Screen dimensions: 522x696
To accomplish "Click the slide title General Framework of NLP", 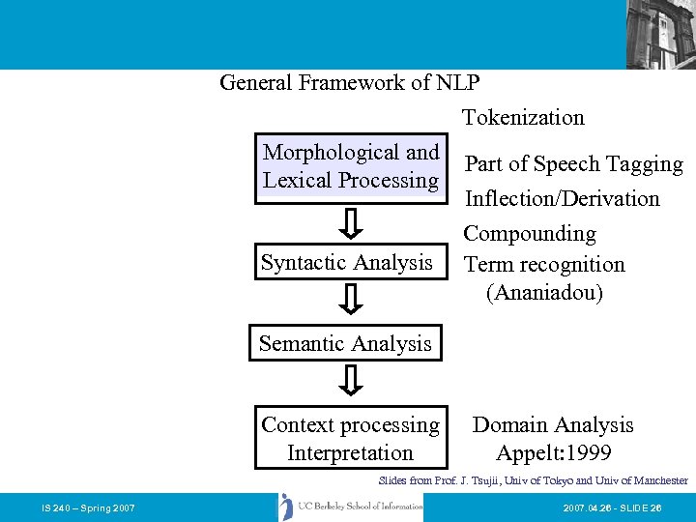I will (x=349, y=83).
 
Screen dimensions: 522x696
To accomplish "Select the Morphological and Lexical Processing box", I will (x=351, y=166).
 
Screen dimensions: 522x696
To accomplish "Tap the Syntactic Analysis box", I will (x=346, y=263).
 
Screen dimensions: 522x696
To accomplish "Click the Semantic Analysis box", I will (x=345, y=344).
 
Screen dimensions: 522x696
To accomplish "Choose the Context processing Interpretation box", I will (x=350, y=439).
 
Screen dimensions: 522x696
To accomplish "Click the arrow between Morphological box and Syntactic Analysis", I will (x=353, y=225).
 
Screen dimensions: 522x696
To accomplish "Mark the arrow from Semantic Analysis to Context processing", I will (x=353, y=381).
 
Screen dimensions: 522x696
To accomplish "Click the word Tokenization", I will (x=523, y=118).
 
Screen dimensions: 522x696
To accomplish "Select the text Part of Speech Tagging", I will (x=573, y=164).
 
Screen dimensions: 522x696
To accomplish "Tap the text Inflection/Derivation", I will (x=562, y=199).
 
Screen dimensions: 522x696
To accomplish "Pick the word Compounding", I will (x=530, y=234).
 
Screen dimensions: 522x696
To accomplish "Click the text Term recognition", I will (x=544, y=265).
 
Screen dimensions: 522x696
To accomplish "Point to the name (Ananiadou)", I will (x=544, y=293).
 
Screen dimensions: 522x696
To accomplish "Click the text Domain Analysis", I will (x=553, y=425).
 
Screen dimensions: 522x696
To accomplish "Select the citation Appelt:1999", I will (x=553, y=453).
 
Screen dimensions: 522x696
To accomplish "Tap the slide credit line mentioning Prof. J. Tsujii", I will (x=533, y=480).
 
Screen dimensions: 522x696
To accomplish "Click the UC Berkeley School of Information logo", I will (x=350, y=507).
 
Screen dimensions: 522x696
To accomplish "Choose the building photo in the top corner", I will (x=660, y=34).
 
